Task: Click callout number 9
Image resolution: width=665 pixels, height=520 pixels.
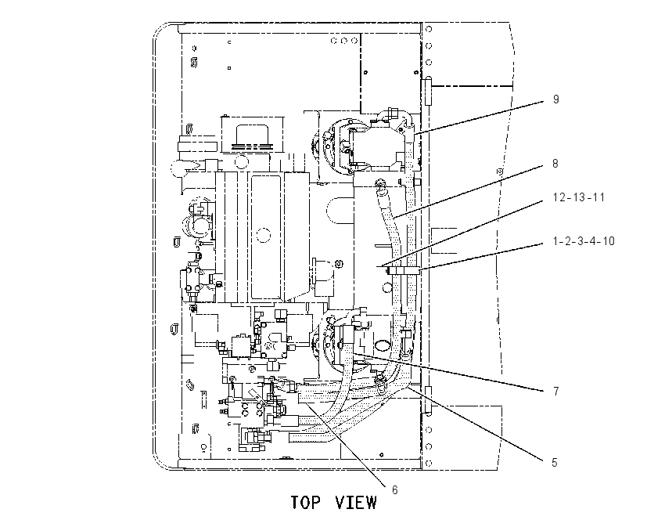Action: pyautogui.click(x=556, y=99)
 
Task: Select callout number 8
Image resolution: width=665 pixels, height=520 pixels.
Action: pyautogui.click(x=555, y=164)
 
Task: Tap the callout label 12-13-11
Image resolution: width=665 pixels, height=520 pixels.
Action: pyautogui.click(x=579, y=197)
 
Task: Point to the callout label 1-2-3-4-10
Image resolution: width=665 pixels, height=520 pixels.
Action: pyautogui.click(x=584, y=241)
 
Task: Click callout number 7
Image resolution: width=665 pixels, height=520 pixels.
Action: pyautogui.click(x=556, y=391)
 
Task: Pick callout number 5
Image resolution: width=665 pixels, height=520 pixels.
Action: pyautogui.click(x=555, y=462)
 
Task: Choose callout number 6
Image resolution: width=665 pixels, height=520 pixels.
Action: pyautogui.click(x=395, y=490)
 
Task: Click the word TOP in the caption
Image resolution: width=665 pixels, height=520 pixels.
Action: pyautogui.click(x=305, y=502)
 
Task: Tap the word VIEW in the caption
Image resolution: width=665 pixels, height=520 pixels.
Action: pyautogui.click(x=355, y=502)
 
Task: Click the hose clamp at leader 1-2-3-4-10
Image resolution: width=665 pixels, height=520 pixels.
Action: pyautogui.click(x=404, y=271)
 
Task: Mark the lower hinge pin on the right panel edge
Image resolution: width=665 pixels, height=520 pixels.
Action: pyautogui.click(x=429, y=400)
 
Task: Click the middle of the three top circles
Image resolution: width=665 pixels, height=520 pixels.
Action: pyautogui.click(x=344, y=41)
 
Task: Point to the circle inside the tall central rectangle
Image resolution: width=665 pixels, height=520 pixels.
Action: pyautogui.click(x=264, y=235)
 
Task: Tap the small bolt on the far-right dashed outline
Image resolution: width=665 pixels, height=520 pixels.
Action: pyautogui.click(x=500, y=172)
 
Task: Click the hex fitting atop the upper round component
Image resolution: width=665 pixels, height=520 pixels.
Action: pyautogui.click(x=392, y=113)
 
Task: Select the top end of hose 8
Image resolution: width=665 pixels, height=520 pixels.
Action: pyautogui.click(x=379, y=183)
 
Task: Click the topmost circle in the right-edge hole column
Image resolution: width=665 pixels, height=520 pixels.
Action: pyautogui.click(x=429, y=29)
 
